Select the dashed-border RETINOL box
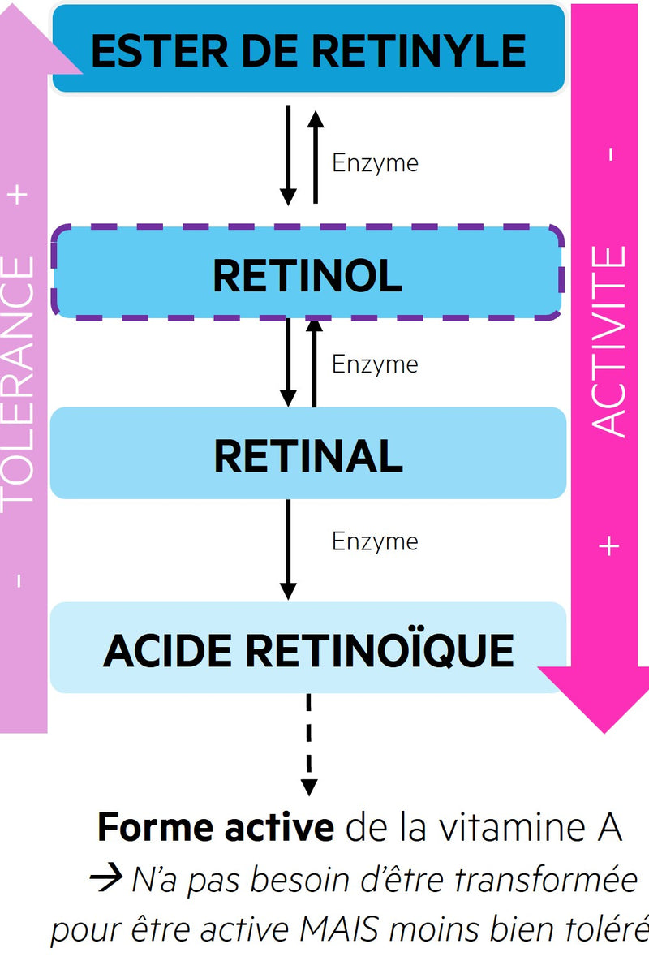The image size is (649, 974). point(308,274)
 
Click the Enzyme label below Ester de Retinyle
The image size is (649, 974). point(375,163)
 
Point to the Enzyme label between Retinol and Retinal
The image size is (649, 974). point(375,364)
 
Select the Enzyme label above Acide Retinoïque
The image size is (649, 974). point(375,541)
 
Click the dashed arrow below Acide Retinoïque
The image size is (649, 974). point(308,743)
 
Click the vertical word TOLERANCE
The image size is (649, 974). point(19,381)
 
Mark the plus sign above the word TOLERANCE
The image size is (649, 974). point(20,195)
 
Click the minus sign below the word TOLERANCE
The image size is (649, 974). point(19,580)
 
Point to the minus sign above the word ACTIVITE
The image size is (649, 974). point(610,153)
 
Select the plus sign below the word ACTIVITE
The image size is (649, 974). point(609,545)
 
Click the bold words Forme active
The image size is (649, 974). point(215,828)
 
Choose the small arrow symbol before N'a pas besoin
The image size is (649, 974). point(107,879)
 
